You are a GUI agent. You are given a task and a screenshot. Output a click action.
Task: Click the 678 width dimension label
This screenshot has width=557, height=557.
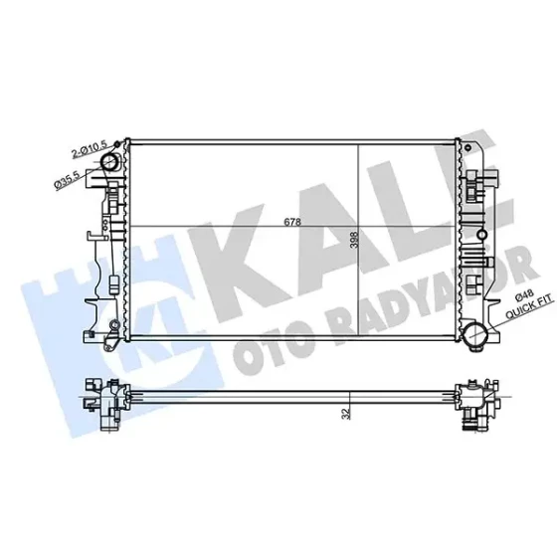pyautogui.click(x=292, y=222)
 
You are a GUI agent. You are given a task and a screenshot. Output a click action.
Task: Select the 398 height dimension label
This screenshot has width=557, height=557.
pyautogui.click(x=354, y=240)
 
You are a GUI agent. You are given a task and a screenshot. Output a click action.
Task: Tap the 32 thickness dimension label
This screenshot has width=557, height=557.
pyautogui.click(x=346, y=414)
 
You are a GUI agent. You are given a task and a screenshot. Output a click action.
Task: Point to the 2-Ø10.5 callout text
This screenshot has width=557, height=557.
pyautogui.click(x=89, y=149)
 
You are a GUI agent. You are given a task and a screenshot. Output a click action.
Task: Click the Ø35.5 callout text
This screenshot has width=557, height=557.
pyautogui.click(x=67, y=180)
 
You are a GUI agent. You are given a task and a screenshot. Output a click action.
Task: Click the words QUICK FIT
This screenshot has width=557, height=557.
pyautogui.click(x=529, y=306)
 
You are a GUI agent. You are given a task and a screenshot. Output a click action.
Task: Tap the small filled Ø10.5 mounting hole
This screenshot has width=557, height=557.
pyautogui.click(x=117, y=144)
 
